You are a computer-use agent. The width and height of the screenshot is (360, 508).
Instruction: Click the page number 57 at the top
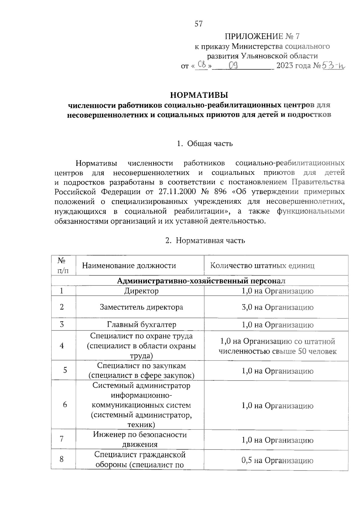pos(199,24)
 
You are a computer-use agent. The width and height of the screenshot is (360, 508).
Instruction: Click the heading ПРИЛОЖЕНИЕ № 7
pos(262,37)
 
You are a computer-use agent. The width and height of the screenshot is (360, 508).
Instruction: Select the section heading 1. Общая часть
pos(205,144)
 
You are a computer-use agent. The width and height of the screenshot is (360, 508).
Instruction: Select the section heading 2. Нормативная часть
pos(205,241)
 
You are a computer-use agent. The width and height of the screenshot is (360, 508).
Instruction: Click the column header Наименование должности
pos(129,265)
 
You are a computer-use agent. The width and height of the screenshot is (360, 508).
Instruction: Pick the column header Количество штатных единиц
pos(262,265)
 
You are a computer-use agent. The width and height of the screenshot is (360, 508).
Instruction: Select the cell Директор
pos(141,291)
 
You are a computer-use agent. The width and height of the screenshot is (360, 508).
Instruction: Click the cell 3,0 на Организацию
pos(277,307)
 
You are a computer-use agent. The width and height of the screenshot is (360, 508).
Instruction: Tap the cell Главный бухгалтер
pos(142,324)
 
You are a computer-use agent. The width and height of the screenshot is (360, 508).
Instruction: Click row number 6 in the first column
pos(65,405)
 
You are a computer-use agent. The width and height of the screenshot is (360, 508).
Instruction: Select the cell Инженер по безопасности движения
pos(140,439)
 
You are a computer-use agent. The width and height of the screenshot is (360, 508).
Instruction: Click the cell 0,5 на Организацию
pos(277,460)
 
